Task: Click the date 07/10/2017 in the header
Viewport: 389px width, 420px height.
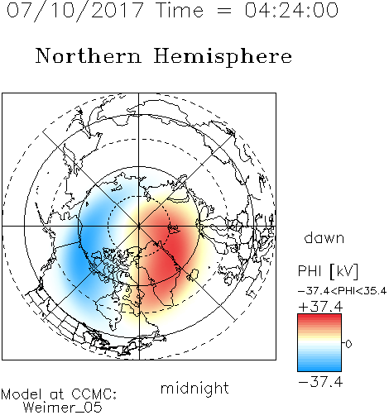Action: (x=75, y=11)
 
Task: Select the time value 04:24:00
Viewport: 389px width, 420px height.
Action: (x=291, y=10)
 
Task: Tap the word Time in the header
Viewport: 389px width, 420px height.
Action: (x=180, y=10)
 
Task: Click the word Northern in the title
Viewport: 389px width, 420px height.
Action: (x=89, y=55)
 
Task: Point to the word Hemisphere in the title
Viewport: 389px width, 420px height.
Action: (x=223, y=57)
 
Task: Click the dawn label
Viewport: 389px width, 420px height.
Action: (x=324, y=237)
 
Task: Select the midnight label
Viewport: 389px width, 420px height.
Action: (x=194, y=388)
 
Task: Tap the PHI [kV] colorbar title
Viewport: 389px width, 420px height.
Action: (x=328, y=271)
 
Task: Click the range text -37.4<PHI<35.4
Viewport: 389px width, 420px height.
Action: (x=342, y=291)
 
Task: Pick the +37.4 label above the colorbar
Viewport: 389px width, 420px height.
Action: (x=320, y=307)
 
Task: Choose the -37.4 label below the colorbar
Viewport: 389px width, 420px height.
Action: (x=320, y=382)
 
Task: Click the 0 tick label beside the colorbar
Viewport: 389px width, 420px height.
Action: (x=348, y=344)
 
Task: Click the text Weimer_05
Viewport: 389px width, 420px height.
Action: (x=63, y=408)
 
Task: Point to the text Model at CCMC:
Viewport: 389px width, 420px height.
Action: (x=59, y=394)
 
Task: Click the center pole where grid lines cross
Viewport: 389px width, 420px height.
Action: (x=139, y=226)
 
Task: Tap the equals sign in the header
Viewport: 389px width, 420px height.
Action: (x=224, y=11)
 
